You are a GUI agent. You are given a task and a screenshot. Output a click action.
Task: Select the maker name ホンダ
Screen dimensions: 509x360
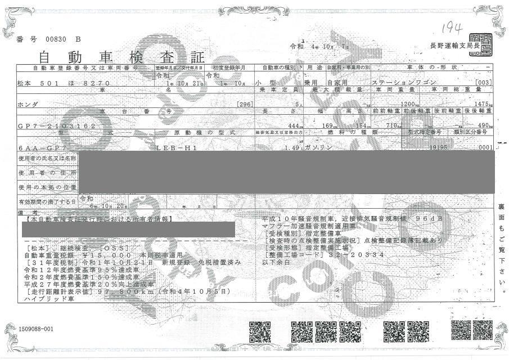(x=34, y=104)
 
